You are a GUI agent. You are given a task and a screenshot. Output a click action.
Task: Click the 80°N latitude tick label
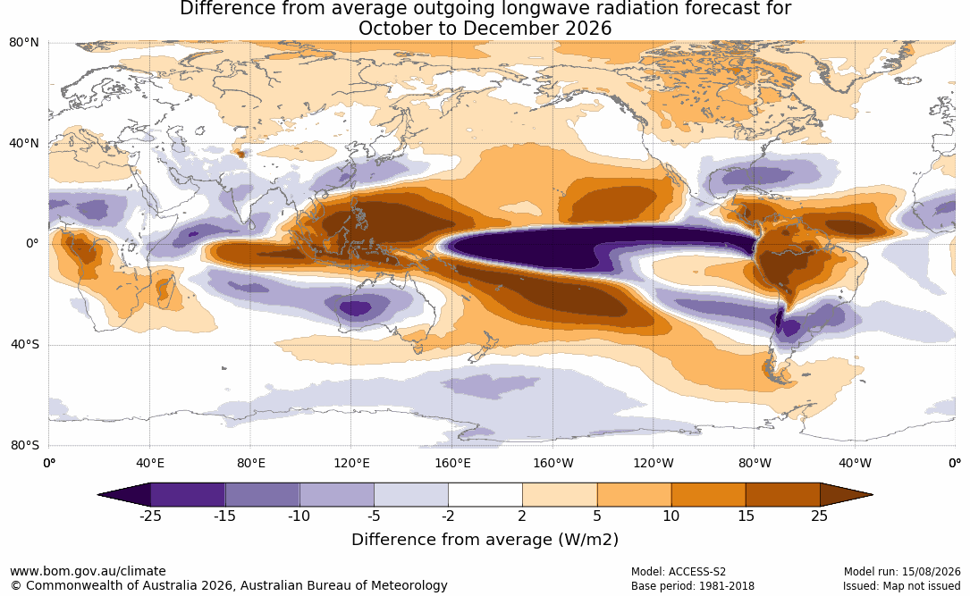24,42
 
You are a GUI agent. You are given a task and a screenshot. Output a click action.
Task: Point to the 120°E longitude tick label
351,463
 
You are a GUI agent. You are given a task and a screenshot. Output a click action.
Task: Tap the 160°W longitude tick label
553,463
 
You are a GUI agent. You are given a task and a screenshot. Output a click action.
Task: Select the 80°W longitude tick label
755,463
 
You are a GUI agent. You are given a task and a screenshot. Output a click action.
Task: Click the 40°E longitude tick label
149,463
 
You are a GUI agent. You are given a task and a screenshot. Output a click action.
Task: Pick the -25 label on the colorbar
150,516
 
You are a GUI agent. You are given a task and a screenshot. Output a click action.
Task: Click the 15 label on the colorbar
746,516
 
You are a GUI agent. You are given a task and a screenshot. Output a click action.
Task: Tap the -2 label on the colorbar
448,516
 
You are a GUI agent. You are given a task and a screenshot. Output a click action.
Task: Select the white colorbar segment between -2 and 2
485,495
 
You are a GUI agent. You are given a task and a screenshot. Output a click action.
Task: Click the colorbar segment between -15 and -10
262,495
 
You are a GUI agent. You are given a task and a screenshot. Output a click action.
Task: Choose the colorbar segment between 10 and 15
708,495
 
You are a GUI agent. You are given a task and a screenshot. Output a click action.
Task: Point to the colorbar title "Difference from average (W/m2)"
485,540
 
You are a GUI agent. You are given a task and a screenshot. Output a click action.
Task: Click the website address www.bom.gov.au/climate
88,571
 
